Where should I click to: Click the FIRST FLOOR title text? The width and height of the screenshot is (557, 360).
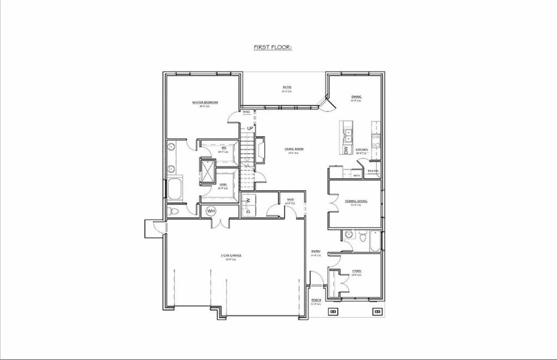[273, 48]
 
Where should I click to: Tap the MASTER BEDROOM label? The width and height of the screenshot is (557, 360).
[205, 102]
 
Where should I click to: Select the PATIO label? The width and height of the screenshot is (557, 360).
[287, 87]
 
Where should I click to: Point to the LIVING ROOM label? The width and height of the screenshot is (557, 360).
[294, 149]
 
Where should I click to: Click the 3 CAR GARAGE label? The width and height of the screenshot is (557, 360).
[231, 256]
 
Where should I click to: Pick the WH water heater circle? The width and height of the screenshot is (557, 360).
[211, 211]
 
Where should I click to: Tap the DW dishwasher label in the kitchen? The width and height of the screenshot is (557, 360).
[346, 150]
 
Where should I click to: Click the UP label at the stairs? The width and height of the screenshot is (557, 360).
[249, 128]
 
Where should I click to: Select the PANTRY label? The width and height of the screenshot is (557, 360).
[373, 170]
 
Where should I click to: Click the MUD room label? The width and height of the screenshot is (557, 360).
[290, 200]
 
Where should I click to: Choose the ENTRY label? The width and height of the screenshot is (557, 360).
[316, 251]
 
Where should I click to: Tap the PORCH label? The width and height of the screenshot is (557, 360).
[316, 300]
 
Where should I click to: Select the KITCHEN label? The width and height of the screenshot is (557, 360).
[362, 150]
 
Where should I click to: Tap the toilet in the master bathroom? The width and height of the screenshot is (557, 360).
[174, 211]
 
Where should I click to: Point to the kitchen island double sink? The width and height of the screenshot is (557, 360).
[349, 134]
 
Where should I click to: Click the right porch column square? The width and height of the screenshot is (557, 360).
[376, 311]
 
